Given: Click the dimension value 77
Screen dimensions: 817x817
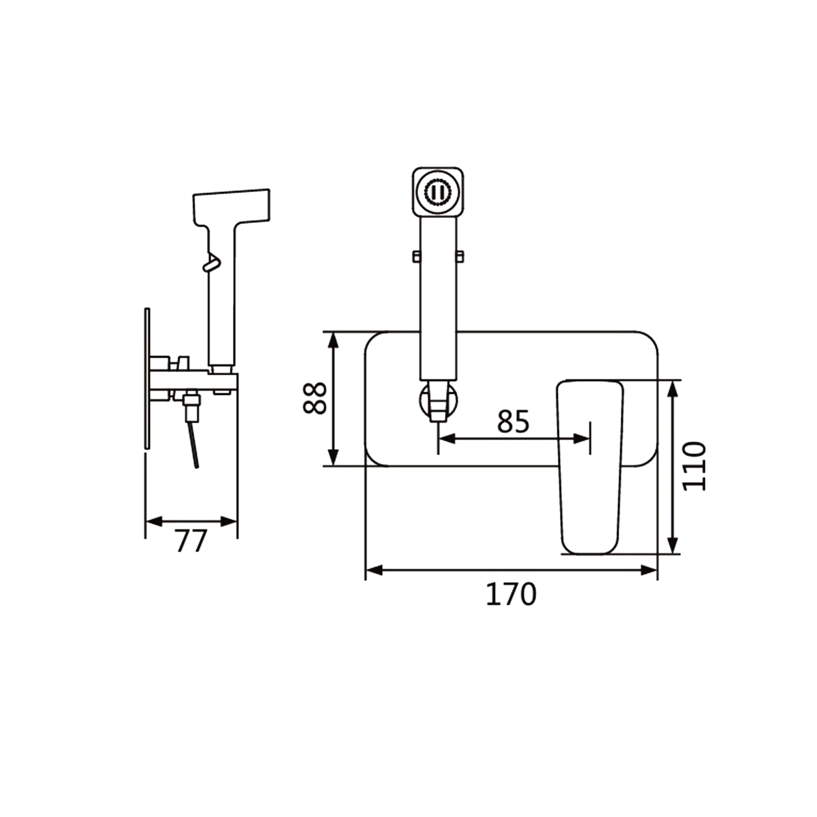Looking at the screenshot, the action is (191, 541).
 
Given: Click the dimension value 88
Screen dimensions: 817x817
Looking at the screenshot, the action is (315, 398).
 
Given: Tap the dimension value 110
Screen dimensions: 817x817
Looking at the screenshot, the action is (693, 466).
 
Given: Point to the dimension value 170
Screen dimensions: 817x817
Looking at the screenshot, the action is (511, 594).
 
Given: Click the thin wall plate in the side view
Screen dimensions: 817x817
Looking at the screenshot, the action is (147, 379).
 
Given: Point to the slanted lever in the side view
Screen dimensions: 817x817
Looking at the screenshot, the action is (193, 444).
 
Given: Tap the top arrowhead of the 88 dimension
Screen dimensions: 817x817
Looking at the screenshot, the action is (334, 340).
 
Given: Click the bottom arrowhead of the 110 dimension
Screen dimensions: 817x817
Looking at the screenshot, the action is (673, 545).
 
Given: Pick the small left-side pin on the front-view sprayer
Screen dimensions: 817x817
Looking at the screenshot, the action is (417, 256).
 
